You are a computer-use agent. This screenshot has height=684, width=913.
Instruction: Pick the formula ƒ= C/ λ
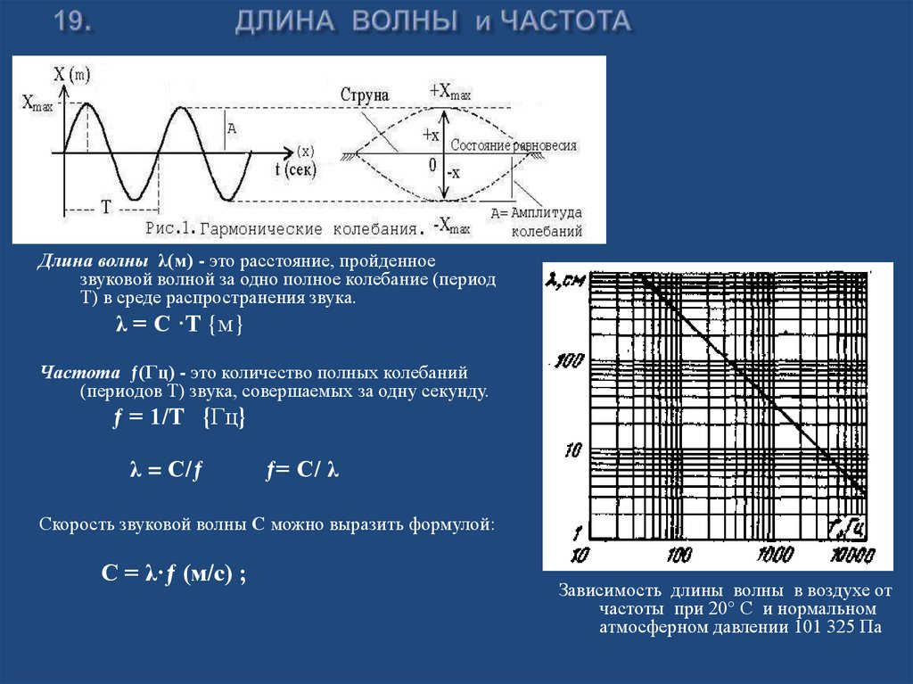[x=303, y=472]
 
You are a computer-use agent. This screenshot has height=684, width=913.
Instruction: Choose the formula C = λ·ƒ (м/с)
[x=173, y=575]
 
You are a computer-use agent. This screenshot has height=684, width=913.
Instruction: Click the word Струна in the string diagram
[x=365, y=95]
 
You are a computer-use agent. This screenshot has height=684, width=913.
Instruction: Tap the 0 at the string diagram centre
[x=432, y=164]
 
